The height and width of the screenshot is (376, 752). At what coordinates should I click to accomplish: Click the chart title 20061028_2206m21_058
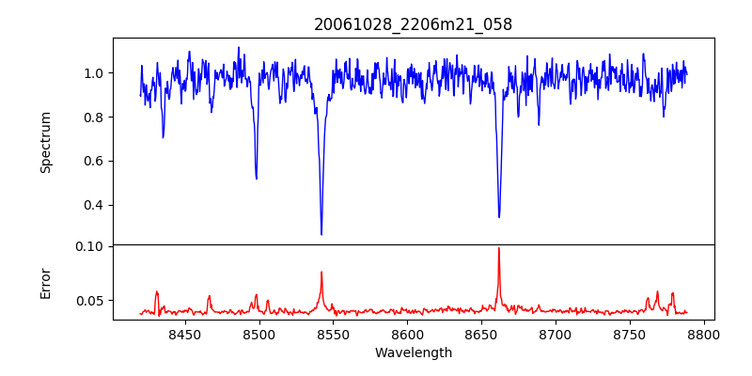[414, 24]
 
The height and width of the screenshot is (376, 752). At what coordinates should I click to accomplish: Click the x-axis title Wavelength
[414, 352]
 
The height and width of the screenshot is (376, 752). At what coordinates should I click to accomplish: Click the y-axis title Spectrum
[45, 142]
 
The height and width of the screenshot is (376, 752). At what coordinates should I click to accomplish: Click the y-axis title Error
[45, 283]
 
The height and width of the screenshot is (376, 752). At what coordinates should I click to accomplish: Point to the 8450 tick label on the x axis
[185, 334]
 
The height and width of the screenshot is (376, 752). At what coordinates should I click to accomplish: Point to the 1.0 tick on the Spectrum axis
[95, 73]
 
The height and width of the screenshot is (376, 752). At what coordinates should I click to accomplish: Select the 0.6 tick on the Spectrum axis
[95, 161]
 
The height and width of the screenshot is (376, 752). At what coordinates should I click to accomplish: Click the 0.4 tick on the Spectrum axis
[95, 205]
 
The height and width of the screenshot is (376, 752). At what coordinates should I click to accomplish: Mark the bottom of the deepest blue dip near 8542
[321, 234]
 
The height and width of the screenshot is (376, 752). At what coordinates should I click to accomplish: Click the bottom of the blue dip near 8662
[499, 217]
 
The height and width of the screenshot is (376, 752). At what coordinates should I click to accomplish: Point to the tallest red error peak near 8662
[498, 248]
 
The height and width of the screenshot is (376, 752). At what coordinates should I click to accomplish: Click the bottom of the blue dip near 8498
[257, 179]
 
